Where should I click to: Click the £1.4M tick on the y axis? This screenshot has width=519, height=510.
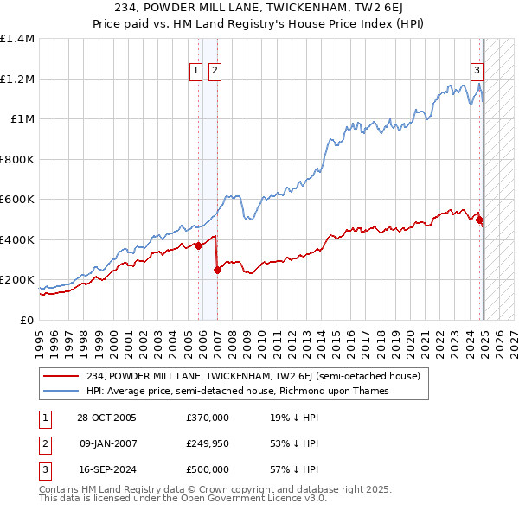tap(17, 39)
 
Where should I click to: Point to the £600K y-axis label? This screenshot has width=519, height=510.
tap(17, 199)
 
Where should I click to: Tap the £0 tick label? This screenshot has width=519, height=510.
tap(26, 320)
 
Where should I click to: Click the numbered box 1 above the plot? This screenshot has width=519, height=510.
tap(196, 72)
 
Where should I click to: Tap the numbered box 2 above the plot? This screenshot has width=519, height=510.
tap(215, 72)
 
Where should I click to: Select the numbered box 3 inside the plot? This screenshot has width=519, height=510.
tap(477, 72)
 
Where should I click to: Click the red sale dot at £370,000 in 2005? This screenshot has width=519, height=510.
tap(199, 245)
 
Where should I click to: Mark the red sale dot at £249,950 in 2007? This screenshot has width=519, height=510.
tap(217, 270)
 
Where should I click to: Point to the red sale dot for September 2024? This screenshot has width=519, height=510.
tap(480, 220)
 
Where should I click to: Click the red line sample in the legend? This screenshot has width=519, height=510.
tap(61, 376)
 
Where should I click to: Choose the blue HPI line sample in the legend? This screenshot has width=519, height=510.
tap(61, 391)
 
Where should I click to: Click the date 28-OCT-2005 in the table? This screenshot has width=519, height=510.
tap(106, 418)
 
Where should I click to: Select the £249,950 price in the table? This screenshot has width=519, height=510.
tap(208, 443)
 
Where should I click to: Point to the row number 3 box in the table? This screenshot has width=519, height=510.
tap(42, 469)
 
